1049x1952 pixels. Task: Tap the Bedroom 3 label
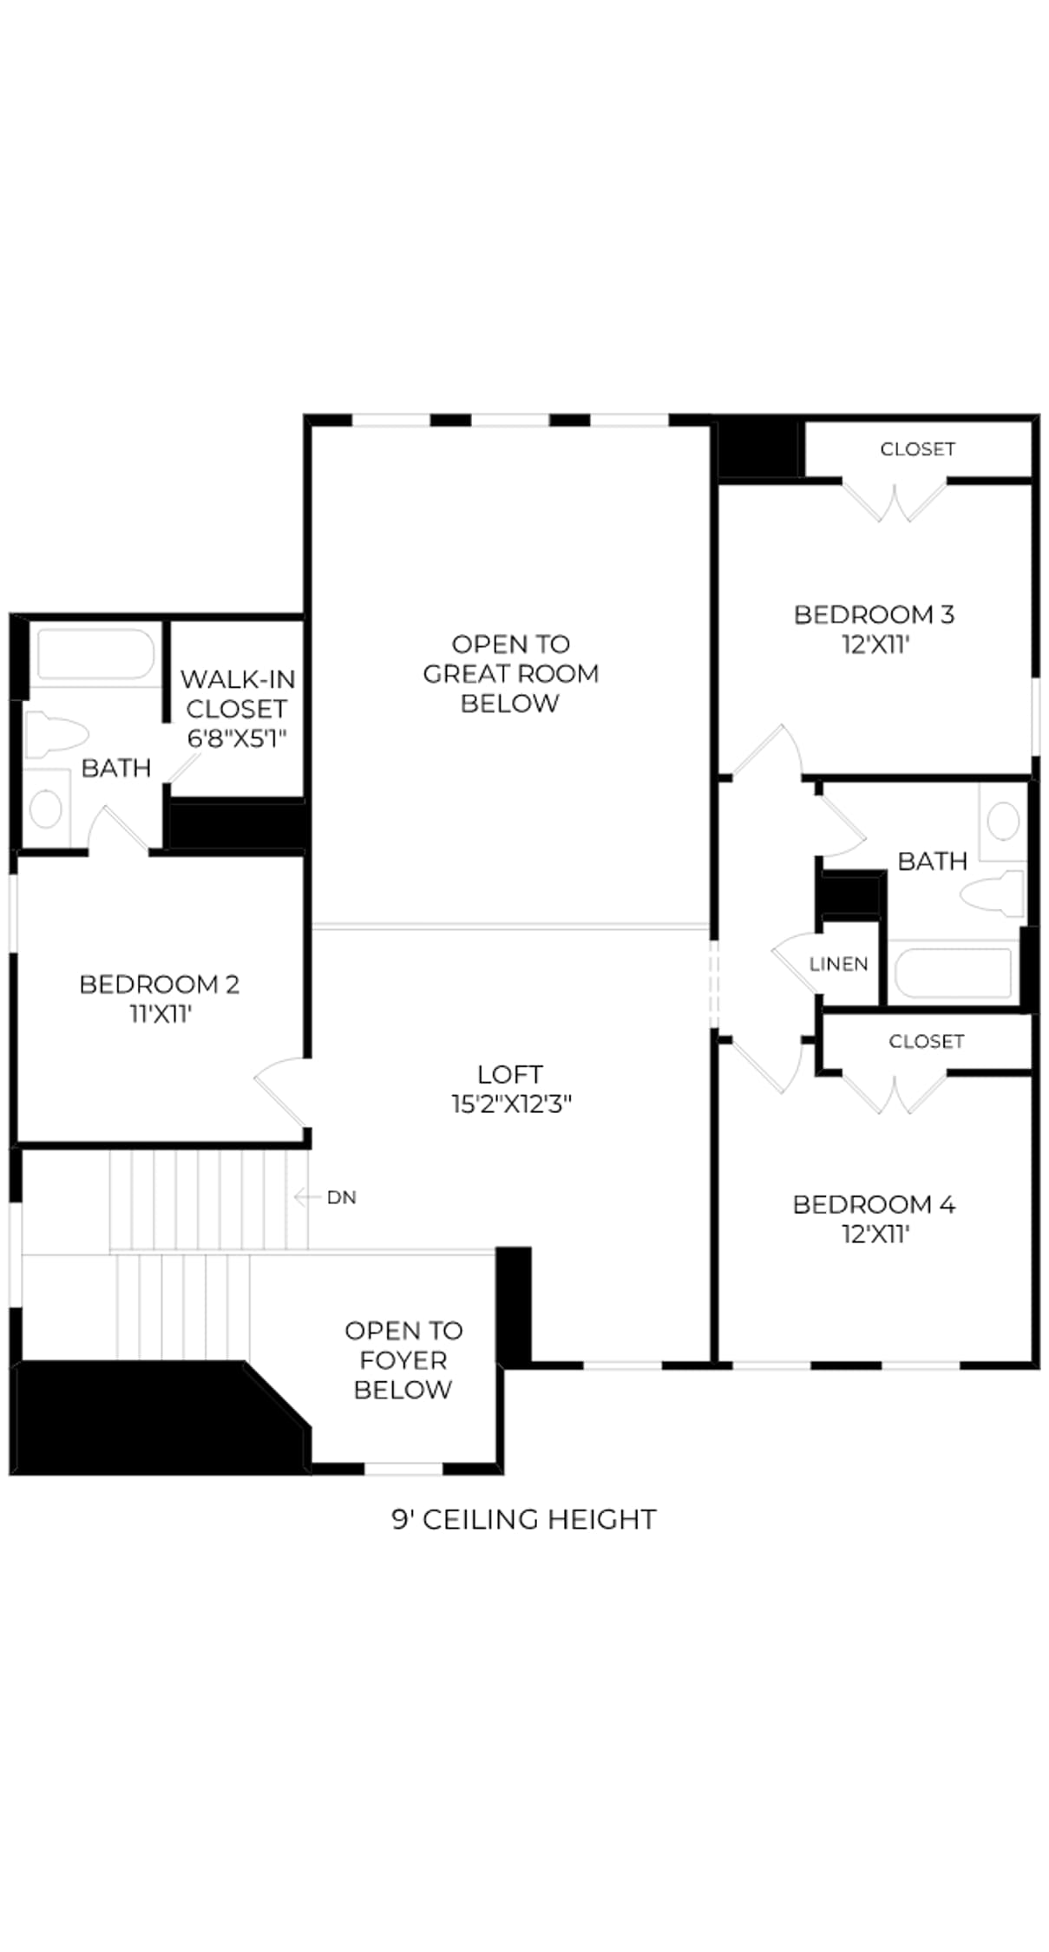874,614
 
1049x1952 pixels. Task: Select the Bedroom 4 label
874,1204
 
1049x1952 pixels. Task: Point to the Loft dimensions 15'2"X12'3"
511,1104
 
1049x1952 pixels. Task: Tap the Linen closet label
838,964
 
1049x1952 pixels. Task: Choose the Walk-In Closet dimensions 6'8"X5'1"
237,738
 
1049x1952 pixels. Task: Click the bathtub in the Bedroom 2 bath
95,655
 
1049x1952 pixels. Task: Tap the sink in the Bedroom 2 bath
46,809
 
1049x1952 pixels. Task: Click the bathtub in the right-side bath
953,973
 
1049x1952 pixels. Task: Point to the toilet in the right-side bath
993,894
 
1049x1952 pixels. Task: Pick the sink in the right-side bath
1003,821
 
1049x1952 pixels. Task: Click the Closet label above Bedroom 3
917,449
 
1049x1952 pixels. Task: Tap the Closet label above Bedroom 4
926,1041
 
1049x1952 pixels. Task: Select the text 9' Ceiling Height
524,1519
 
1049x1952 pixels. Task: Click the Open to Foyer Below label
403,1359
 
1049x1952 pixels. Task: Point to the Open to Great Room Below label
510,673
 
